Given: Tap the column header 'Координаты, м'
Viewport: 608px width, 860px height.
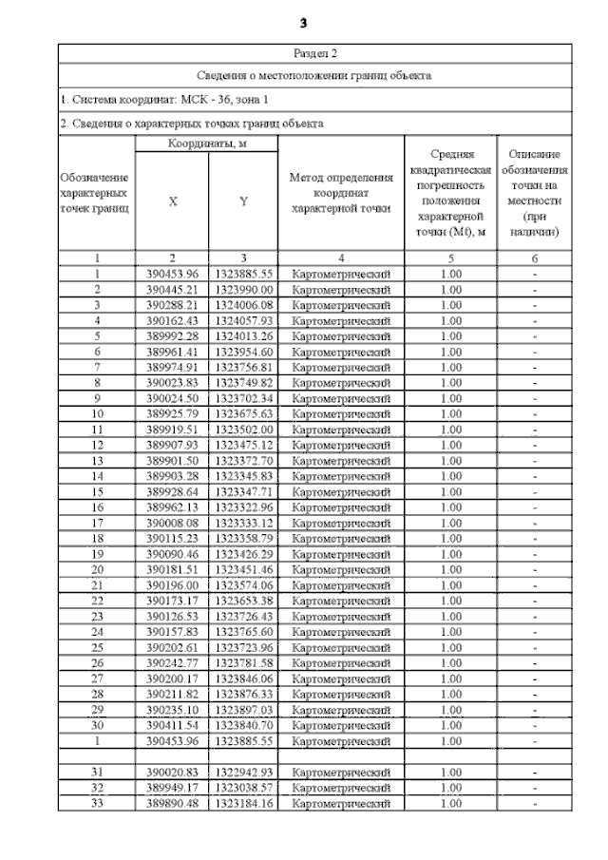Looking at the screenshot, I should (x=205, y=143).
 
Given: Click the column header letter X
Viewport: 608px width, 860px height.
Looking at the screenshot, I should (x=172, y=201).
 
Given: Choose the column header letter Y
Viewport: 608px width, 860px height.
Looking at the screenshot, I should (x=243, y=201).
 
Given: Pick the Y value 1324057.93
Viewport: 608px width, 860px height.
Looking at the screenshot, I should (x=243, y=320).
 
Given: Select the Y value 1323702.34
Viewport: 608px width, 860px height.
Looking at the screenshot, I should (x=243, y=398).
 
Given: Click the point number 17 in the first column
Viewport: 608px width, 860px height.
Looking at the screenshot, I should (x=96, y=523).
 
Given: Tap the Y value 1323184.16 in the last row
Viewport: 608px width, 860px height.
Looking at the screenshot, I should (x=243, y=803).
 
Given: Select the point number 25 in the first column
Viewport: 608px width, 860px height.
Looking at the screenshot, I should (x=96, y=647).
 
